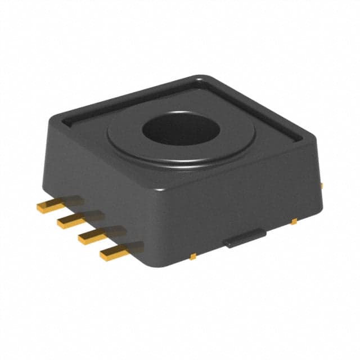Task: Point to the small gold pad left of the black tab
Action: [x=192, y=256]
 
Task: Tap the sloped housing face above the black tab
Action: [x=242, y=202]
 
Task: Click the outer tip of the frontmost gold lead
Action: [x=103, y=256]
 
